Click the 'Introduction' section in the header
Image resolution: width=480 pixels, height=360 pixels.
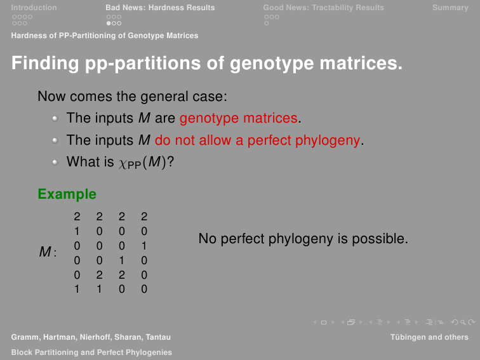point(34,8)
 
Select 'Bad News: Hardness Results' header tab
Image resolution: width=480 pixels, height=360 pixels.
point(160,8)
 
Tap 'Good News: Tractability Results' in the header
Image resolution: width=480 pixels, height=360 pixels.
point(324,8)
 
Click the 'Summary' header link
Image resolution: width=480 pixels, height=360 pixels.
point(450,8)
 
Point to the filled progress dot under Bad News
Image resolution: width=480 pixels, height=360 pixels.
point(109,23)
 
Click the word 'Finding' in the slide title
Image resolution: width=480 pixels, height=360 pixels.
point(45,63)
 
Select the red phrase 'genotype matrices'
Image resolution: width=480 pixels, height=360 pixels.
point(239,118)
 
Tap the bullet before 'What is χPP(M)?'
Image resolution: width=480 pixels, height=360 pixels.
point(55,162)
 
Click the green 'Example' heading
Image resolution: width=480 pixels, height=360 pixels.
point(67,194)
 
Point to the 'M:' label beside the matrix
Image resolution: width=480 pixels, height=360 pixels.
point(48,252)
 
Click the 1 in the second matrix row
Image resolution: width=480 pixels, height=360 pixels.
point(77,231)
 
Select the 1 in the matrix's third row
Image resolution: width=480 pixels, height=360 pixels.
point(144,246)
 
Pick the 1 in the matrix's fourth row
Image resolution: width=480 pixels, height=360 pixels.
point(122,260)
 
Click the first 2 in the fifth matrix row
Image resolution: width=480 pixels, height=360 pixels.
point(99,275)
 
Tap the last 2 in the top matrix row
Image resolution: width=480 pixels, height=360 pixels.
point(144,217)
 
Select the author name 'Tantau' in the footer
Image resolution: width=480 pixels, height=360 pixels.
point(158,337)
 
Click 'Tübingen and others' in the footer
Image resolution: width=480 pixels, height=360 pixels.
point(429,337)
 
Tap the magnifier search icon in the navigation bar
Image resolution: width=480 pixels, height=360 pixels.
point(463,323)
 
